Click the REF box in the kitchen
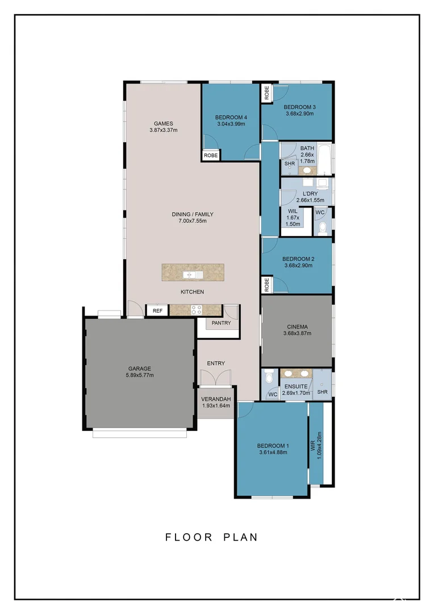coord(157,310)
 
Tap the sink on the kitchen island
coord(189,275)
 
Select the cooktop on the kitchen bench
coord(197,310)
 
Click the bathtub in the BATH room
coord(325,160)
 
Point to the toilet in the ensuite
coord(270,377)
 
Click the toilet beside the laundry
coord(322,227)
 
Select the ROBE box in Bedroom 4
coord(210,155)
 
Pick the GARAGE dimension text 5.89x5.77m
coord(140,375)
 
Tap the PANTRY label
coord(220,323)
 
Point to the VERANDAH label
coord(216,399)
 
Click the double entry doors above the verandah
coord(216,378)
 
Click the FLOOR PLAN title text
coord(211,537)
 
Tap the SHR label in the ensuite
coord(322,392)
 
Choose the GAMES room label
coord(163,123)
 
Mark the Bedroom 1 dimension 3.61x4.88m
coord(273,453)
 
